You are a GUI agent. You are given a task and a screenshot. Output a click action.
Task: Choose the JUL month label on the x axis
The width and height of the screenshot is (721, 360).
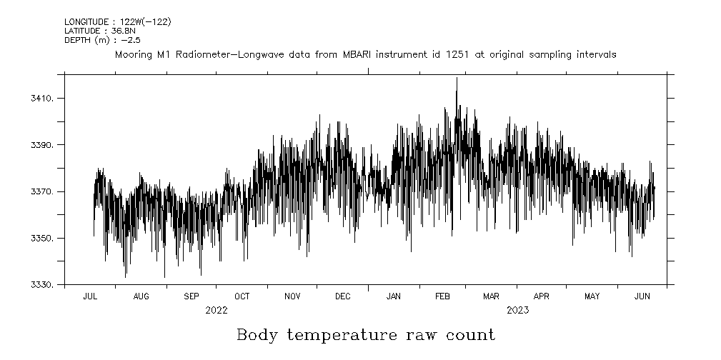coord(91,296)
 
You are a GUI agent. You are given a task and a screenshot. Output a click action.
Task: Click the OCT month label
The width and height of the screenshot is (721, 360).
coord(242,296)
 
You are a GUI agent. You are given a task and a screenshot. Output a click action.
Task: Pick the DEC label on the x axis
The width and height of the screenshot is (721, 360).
coord(342,296)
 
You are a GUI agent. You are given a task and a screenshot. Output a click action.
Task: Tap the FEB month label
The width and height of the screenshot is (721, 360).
coord(442,296)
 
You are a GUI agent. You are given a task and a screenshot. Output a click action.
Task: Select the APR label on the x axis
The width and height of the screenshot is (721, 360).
coord(542,296)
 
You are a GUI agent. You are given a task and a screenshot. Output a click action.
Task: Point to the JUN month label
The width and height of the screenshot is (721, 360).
coord(642,296)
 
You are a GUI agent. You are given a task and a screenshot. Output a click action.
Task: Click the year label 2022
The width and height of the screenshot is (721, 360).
coord(217,310)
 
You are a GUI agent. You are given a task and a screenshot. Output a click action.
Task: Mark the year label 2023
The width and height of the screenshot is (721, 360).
coord(517,310)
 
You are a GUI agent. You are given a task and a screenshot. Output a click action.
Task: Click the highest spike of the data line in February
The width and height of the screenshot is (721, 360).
coord(457,79)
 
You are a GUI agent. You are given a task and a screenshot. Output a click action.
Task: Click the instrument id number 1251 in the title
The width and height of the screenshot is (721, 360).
coord(458,54)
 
